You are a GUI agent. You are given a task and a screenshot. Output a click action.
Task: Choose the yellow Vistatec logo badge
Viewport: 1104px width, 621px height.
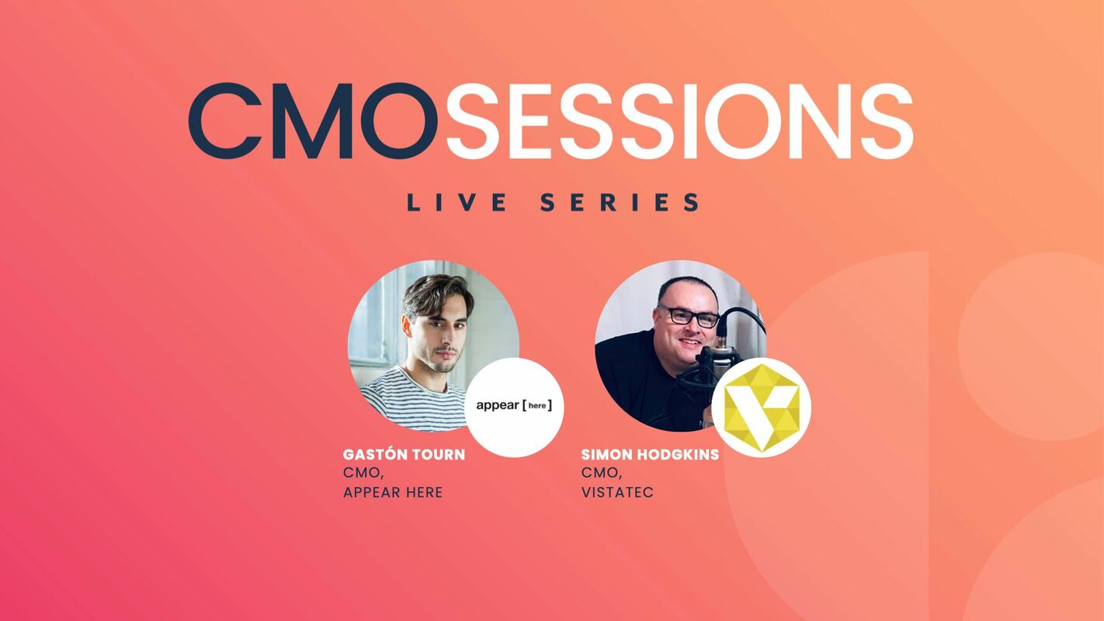[761, 408]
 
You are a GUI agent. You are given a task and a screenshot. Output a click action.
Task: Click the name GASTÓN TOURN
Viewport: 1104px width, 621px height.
[404, 454]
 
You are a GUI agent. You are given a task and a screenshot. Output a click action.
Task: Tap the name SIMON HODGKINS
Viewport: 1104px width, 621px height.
[650, 454]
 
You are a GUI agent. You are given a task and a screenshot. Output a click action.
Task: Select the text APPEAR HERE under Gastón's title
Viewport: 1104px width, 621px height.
[393, 492]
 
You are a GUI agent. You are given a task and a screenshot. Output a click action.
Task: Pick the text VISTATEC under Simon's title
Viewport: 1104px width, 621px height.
[617, 492]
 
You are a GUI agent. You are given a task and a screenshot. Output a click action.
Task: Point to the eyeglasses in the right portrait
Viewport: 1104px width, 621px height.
[688, 316]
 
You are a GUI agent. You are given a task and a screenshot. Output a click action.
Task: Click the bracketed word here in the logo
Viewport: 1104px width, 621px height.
[537, 405]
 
